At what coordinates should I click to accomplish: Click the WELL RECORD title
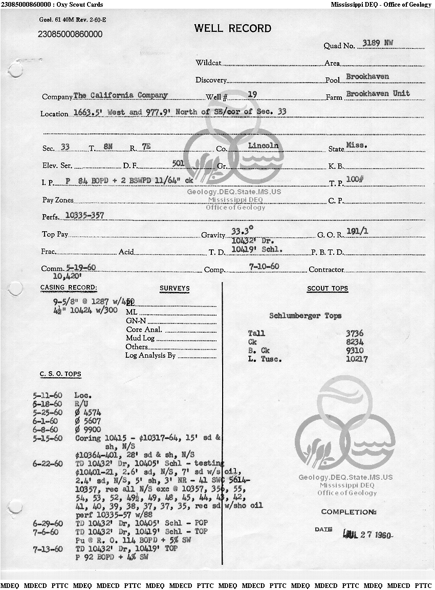coord(233,28)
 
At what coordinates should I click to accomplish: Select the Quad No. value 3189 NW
coord(378,43)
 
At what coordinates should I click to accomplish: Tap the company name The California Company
coord(121,95)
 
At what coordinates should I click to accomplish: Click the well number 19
coord(252,94)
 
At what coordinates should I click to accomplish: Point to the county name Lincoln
coord(264,146)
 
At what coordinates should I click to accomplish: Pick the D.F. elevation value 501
coord(179,164)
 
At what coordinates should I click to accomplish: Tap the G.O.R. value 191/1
coord(357,231)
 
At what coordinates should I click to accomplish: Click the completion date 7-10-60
coord(264,267)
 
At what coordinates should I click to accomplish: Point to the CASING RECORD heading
coord(69,288)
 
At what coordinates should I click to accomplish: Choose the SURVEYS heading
coord(174,289)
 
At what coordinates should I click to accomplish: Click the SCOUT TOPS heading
coord(328,289)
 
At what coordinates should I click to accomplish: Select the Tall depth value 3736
coord(355,333)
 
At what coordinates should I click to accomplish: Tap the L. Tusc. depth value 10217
coord(357,359)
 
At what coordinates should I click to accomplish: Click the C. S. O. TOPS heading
coord(60,375)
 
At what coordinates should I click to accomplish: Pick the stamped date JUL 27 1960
coord(367,535)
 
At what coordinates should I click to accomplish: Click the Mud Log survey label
coord(140,338)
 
